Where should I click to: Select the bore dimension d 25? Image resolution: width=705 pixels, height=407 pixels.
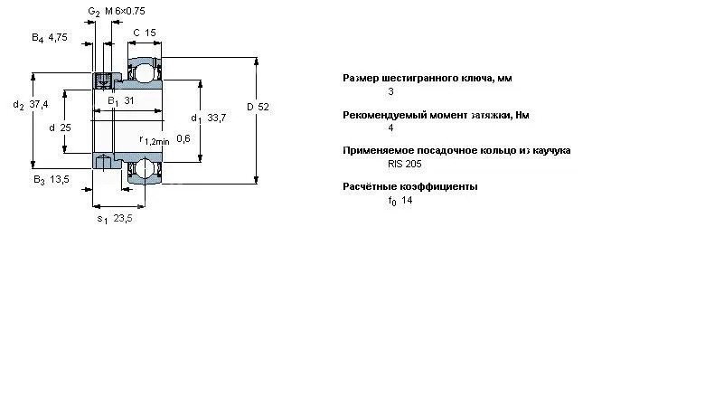[60, 128]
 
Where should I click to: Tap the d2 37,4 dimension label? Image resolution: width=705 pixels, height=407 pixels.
[30, 106]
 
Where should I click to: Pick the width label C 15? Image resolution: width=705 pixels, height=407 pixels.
[145, 33]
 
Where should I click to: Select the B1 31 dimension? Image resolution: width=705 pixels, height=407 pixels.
[121, 100]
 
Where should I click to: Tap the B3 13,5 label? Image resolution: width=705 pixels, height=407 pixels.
[52, 180]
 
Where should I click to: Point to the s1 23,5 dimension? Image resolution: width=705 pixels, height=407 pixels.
[115, 218]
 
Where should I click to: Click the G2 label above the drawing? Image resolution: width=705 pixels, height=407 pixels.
[93, 11]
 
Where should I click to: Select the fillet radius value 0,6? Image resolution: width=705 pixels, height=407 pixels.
[183, 138]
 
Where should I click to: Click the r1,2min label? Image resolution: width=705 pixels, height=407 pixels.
[154, 140]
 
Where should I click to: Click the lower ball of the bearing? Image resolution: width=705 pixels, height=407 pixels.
[145, 167]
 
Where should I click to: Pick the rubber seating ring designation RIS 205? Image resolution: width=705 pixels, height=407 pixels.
[404, 164]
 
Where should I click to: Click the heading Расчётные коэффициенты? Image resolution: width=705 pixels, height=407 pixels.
[410, 186]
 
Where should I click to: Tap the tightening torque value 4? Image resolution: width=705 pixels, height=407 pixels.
[390, 128]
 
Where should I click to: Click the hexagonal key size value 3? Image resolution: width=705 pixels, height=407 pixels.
[390, 91]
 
